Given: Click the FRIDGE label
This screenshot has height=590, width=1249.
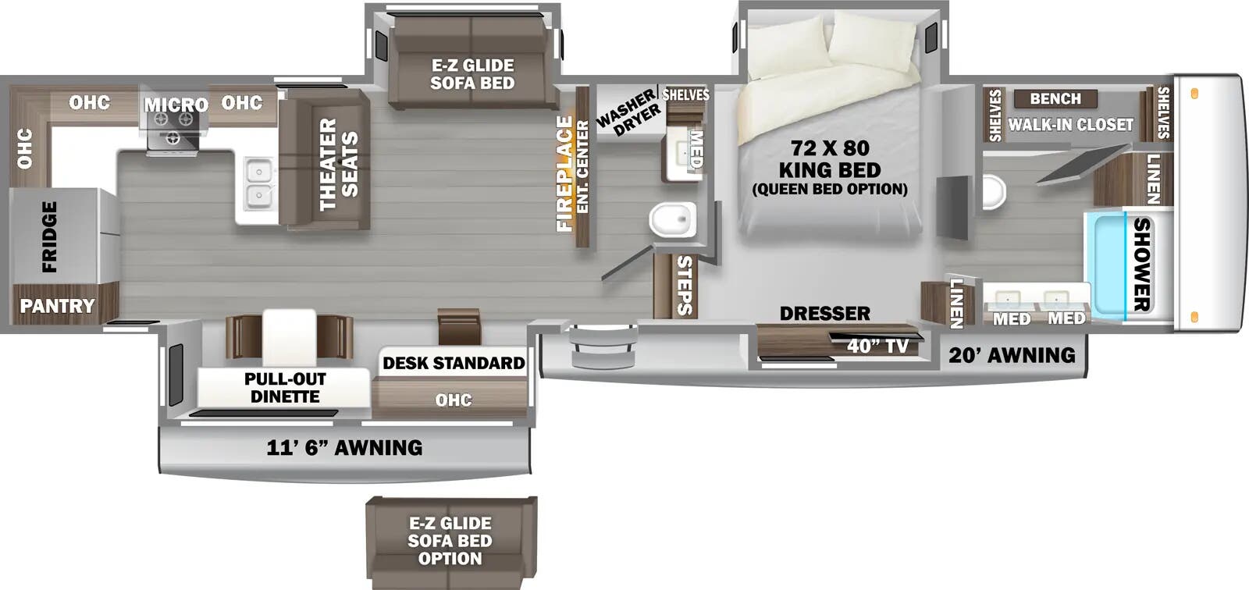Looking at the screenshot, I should point(49,236).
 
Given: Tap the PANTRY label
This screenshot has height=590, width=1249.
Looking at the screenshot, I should point(57,306).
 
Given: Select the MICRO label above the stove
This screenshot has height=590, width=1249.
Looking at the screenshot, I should point(176,105).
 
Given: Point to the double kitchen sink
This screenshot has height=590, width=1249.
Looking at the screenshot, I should point(257,183).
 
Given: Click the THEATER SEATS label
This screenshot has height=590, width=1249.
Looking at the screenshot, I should point(338,164).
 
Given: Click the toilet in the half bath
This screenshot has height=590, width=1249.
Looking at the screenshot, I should point(672,219).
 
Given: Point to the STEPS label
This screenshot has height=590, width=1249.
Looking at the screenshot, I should point(684,285).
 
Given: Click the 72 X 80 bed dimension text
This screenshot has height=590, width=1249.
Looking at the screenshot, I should point(829,147).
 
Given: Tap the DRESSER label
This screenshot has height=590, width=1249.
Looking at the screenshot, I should point(824,313).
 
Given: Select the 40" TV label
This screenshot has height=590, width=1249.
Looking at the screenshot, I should point(877,345).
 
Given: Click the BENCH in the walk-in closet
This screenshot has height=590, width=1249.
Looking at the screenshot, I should point(1055,99).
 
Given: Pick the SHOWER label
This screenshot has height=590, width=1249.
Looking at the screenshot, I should point(1141,264).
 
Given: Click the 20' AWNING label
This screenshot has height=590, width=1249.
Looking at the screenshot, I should point(1012,355).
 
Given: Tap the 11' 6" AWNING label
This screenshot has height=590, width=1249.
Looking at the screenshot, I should point(344,447).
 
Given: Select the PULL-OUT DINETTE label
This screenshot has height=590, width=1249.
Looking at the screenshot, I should point(285,388).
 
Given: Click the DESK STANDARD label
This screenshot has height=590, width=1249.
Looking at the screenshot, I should point(454,363).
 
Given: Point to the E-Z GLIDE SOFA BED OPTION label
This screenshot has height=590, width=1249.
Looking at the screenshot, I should point(450,541).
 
